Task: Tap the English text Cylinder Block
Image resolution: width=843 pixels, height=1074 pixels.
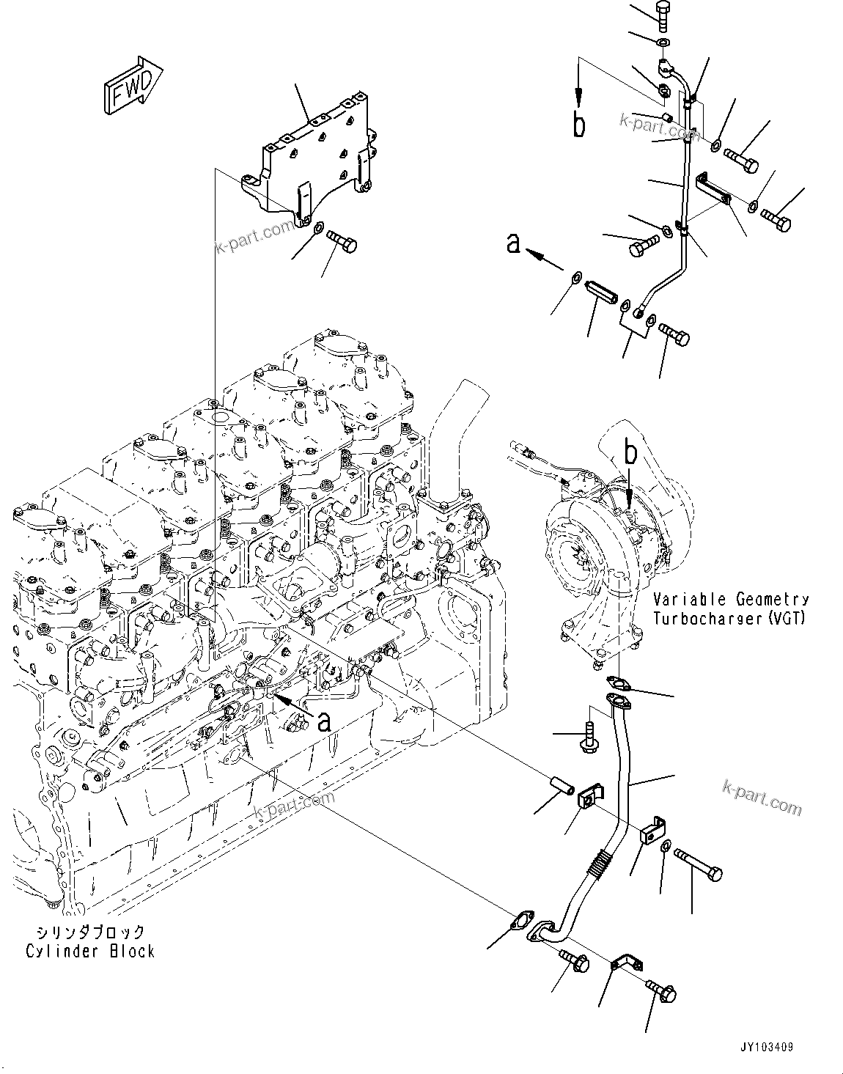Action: (90, 951)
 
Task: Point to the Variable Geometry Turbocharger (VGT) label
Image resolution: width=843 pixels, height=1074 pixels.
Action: (730, 608)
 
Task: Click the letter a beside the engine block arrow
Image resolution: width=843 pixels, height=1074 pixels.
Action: (324, 721)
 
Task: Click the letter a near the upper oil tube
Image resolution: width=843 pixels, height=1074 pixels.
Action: (514, 243)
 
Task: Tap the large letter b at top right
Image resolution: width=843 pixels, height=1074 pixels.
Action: (579, 125)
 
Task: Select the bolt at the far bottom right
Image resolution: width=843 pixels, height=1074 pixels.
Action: (663, 992)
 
